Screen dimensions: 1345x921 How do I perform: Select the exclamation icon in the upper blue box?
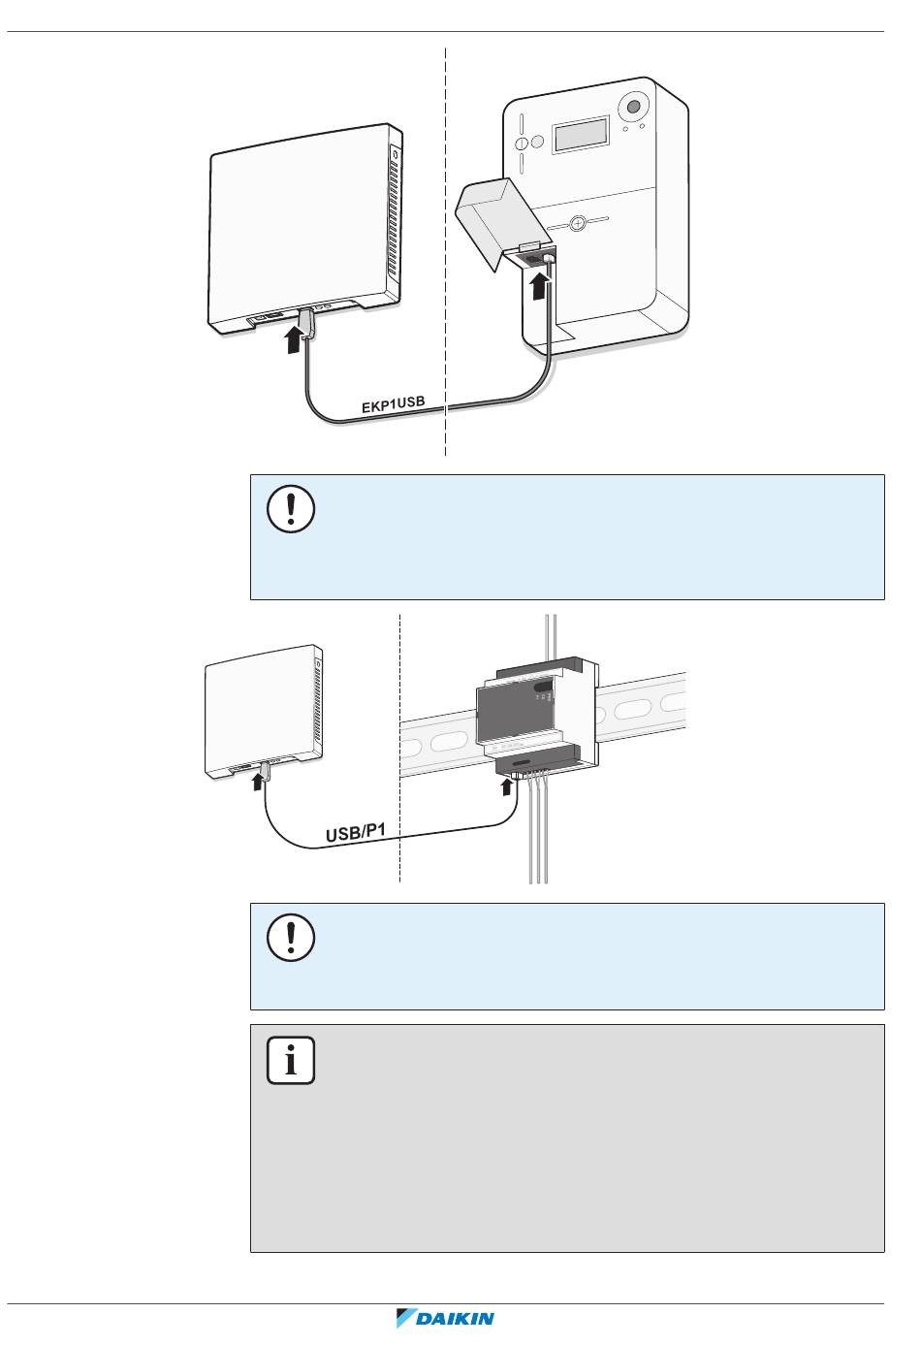coord(290,508)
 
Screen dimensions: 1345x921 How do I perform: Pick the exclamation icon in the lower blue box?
coord(290,937)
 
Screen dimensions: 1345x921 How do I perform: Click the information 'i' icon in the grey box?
coord(290,1060)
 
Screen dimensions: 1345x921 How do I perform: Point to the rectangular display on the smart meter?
coord(581,135)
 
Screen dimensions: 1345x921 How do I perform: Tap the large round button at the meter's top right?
coord(634,108)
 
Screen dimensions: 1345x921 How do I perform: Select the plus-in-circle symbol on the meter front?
coord(578,224)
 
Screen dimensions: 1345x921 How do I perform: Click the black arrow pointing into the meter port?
coord(541,286)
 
